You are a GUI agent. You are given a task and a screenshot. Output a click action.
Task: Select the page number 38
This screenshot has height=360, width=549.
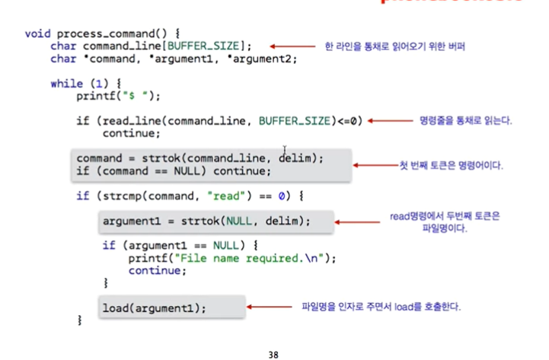coord(274,353)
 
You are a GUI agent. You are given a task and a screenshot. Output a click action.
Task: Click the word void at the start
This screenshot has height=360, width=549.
coord(38,33)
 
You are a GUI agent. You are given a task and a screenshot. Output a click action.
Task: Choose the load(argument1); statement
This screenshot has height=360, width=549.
coord(155,307)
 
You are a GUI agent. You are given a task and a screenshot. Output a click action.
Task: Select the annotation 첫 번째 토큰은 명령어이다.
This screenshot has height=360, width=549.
coord(454,164)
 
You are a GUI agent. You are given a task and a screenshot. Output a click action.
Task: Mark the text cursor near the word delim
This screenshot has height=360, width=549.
coord(286,150)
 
